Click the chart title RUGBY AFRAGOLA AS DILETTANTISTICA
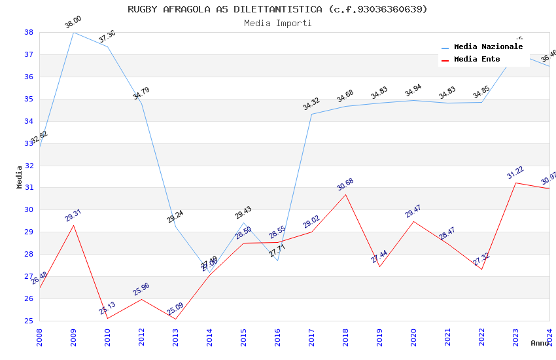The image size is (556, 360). click(x=277, y=9)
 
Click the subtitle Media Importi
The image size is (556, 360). click(x=277, y=24)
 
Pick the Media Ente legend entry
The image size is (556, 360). click(x=477, y=60)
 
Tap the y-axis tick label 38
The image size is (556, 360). click(x=29, y=32)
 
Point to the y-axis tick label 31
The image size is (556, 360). click(x=29, y=188)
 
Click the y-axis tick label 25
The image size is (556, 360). click(x=29, y=321)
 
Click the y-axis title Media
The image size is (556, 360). click(x=20, y=177)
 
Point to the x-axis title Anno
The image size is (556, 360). click(x=540, y=343)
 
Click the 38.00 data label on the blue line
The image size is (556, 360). click(x=73, y=23)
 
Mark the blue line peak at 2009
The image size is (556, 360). click(x=73, y=32)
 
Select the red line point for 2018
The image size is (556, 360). click(x=345, y=194)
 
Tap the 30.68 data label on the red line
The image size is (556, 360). click(x=345, y=185)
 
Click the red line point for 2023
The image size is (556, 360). click(x=515, y=183)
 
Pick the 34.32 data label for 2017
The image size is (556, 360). click(x=311, y=104)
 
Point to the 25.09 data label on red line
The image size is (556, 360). click(x=175, y=310)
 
